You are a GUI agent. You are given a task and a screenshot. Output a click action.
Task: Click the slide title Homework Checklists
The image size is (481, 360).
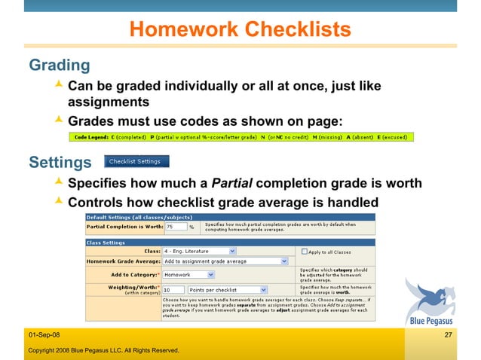(240, 29)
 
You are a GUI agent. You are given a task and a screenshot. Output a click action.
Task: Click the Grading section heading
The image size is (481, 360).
(59, 66)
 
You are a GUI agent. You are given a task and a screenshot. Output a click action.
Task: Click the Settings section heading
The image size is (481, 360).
(60, 162)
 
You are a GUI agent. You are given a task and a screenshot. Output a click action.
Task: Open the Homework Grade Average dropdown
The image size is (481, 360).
(226, 261)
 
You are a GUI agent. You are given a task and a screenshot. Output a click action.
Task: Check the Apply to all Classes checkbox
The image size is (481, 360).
(304, 251)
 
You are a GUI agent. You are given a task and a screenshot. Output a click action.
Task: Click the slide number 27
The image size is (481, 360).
(448, 334)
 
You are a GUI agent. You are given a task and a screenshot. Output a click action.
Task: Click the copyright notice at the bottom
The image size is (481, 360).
(103, 350)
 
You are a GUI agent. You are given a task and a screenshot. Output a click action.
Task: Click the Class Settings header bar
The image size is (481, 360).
(230, 242)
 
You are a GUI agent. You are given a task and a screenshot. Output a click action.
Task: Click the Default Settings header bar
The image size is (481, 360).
(230, 217)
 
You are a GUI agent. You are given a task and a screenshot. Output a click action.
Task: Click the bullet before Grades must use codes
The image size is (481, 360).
(60, 121)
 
